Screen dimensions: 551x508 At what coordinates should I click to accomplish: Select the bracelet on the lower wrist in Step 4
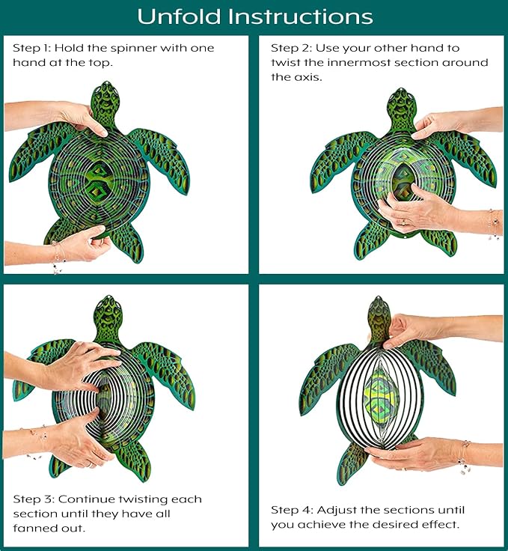464,456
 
